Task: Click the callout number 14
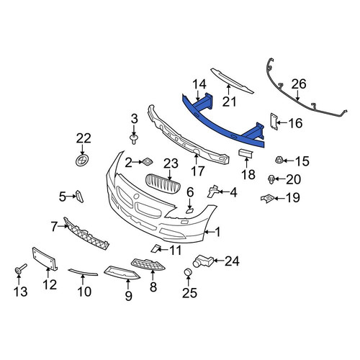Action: pyautogui.click(x=199, y=84)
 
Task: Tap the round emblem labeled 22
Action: pyautogui.click(x=83, y=161)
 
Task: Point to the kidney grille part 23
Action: pyautogui.click(x=163, y=184)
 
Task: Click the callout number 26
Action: pyautogui.click(x=299, y=84)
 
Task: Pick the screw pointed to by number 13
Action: pyautogui.click(x=20, y=269)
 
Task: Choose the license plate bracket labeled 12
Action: pyautogui.click(x=45, y=259)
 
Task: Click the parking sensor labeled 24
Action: pyautogui.click(x=203, y=261)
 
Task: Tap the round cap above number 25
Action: pyautogui.click(x=188, y=272)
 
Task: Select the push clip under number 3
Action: pyautogui.click(x=134, y=139)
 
